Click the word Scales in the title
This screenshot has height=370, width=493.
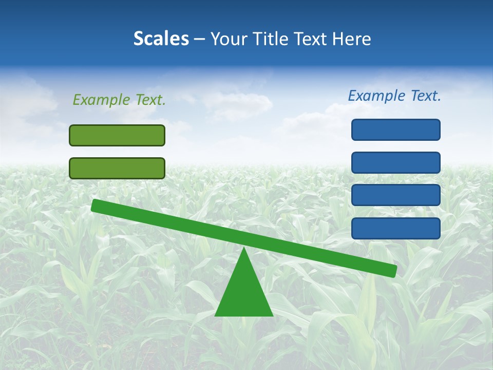coord(161,39)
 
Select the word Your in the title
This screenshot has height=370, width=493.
coord(228,39)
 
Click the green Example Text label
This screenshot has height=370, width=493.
coord(119,100)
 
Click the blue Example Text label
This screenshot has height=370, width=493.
coord(394,96)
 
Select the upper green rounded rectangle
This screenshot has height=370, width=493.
coord(117,135)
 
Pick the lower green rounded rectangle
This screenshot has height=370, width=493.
coord(117,168)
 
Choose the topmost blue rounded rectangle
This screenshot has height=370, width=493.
coord(396,129)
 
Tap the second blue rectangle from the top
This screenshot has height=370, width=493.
coord(396,162)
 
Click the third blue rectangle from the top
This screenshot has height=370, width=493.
coord(396,195)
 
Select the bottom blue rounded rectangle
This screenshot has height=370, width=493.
coord(396,228)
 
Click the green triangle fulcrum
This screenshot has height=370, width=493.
coord(244,293)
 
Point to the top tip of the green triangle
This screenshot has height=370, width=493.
coord(244,249)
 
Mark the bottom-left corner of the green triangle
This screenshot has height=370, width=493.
coord(216,315)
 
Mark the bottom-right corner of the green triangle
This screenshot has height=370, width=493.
coord(272,315)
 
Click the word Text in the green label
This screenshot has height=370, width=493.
coord(149,100)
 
